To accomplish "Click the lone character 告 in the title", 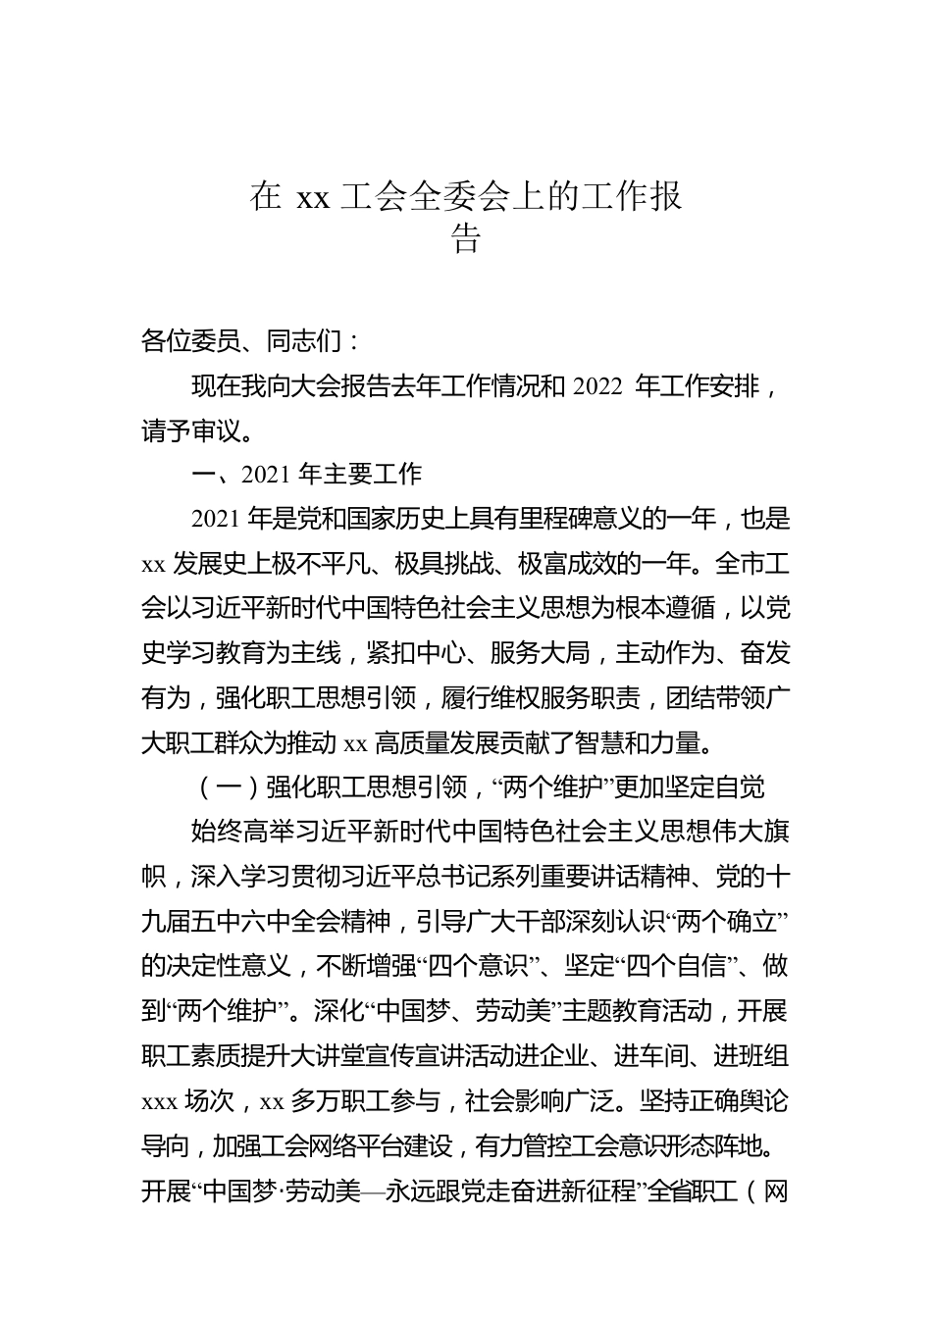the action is [x=466, y=240].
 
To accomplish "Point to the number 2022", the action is [x=596, y=386].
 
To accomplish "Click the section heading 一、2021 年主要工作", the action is [x=306, y=475].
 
